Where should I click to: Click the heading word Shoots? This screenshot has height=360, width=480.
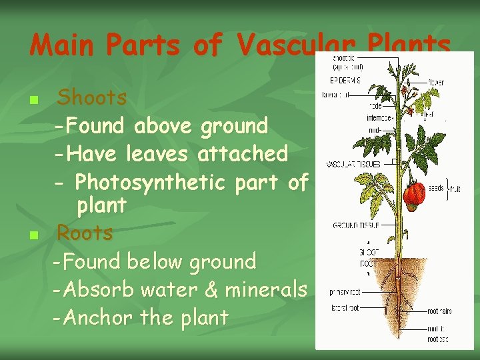click(x=92, y=98)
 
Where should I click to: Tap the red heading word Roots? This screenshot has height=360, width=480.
click(x=85, y=233)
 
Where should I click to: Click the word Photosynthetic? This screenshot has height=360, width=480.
click(x=151, y=182)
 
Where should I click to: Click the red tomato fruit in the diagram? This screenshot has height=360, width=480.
click(x=413, y=193)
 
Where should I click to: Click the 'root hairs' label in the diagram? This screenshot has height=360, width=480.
click(x=439, y=311)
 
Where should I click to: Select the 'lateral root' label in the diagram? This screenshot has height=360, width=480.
click(x=343, y=307)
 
